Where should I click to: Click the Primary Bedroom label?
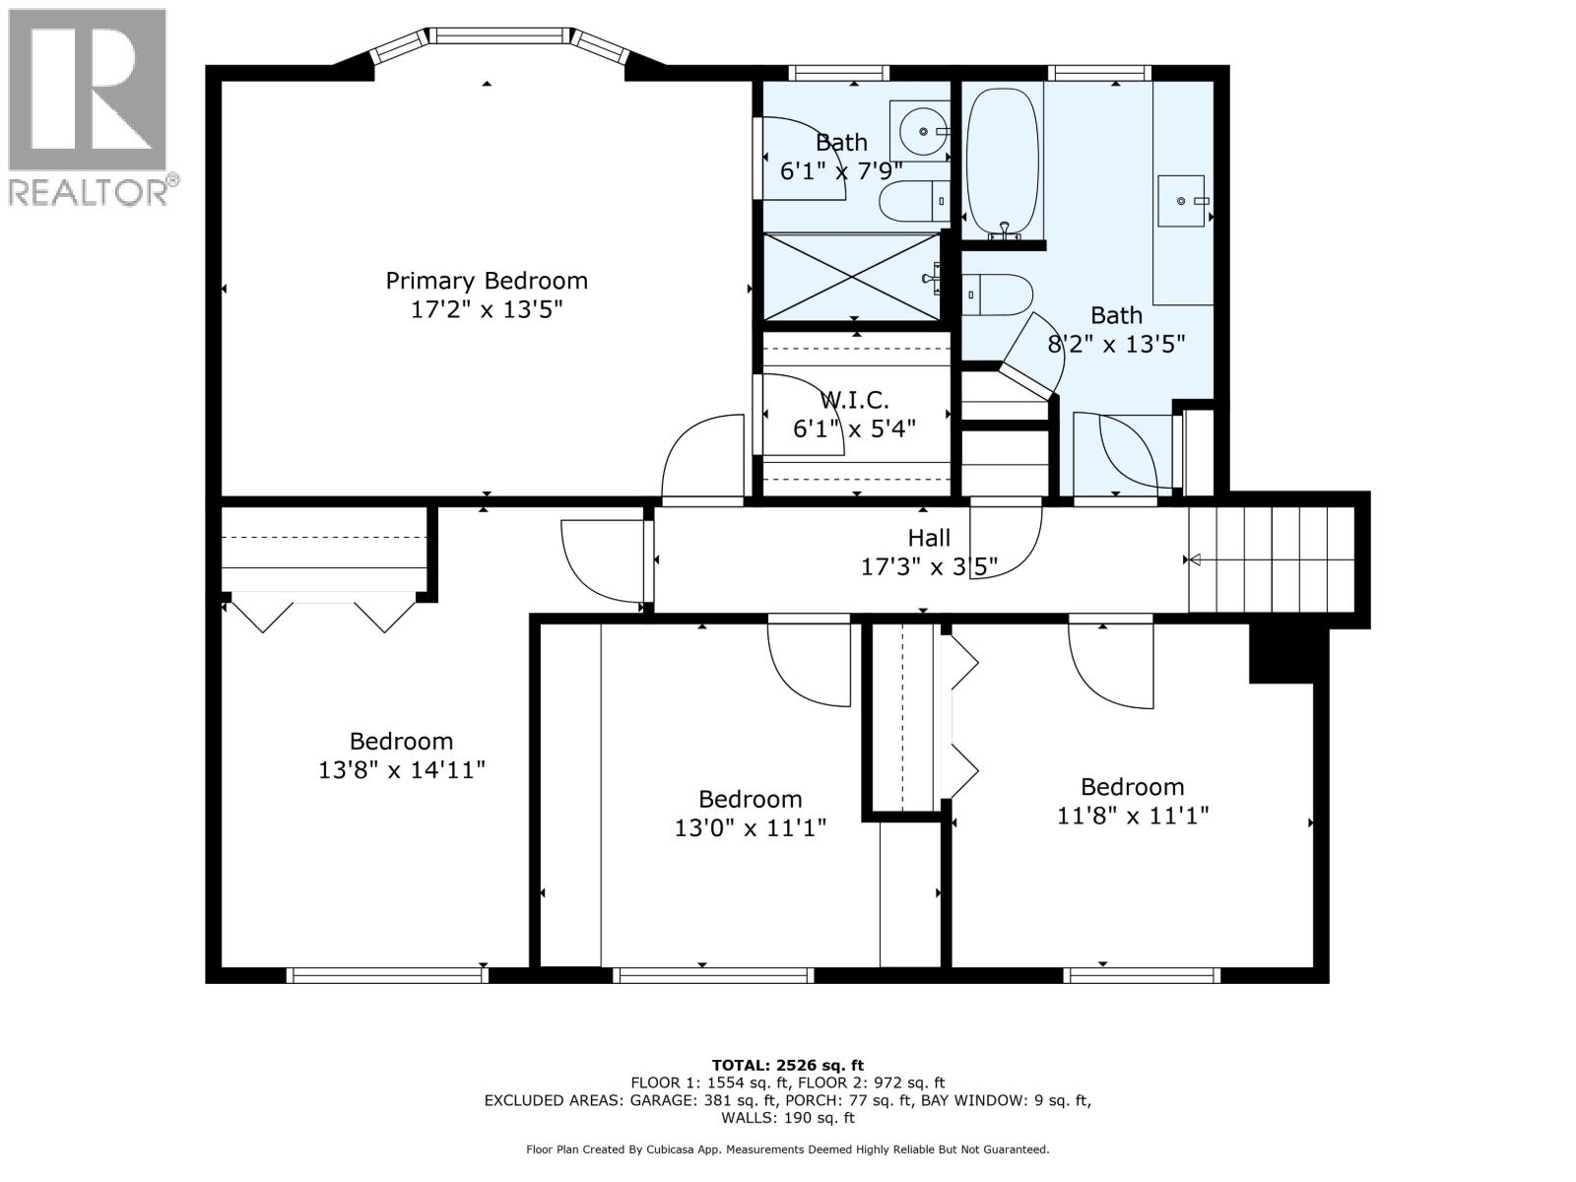pyautogui.click(x=487, y=281)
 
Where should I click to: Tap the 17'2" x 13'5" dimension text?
pyautogui.click(x=487, y=310)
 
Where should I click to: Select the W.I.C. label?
pyautogui.click(x=854, y=400)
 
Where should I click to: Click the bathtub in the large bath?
pyautogui.click(x=1003, y=163)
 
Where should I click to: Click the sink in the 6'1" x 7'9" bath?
pyautogui.click(x=920, y=130)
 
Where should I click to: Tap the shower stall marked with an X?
pyautogui.click(x=853, y=276)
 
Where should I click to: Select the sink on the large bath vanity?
pyautogui.click(x=1181, y=200)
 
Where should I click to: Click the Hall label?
pyautogui.click(x=929, y=538)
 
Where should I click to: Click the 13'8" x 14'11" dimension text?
pyautogui.click(x=402, y=770)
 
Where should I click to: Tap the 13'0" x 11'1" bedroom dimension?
pyautogui.click(x=750, y=828)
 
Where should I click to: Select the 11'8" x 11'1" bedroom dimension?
pyautogui.click(x=1133, y=816)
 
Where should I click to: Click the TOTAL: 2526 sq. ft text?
pyautogui.click(x=787, y=1065)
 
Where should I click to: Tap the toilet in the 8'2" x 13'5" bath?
pyautogui.click(x=998, y=295)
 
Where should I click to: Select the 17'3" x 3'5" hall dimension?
pyautogui.click(x=929, y=567)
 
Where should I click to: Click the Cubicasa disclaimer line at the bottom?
pyautogui.click(x=787, y=1149)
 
